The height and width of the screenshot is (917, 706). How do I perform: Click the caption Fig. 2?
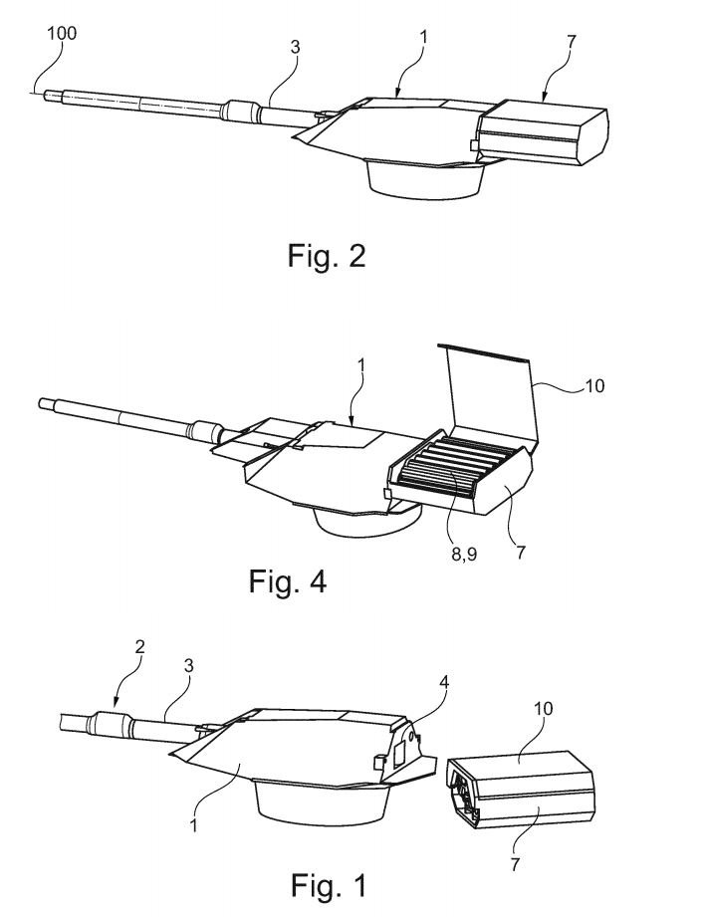coord(327,256)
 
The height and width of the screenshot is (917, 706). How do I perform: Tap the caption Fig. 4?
coord(287,581)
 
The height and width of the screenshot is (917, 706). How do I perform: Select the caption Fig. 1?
coord(329,885)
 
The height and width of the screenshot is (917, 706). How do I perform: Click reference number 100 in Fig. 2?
coord(62,33)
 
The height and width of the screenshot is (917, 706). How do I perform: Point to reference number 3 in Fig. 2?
coord(296,47)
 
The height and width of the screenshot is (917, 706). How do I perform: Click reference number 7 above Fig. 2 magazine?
coord(572,42)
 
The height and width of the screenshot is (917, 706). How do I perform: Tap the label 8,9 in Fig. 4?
coord(464,554)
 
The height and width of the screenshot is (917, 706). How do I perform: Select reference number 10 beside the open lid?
coord(594,386)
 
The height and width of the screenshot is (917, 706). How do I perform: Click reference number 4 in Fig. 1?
coord(444,682)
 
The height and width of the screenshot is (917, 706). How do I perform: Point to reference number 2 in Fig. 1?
coord(139,647)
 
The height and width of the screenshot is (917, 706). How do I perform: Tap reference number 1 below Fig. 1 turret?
coord(193,825)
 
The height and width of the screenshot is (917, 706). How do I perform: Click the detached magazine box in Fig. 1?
coord(521,790)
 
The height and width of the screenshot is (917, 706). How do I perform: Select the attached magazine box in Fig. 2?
coord(541,132)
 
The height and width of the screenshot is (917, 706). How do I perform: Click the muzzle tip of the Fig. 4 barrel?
coord(41,403)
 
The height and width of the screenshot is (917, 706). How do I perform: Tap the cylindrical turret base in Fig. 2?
coord(426,180)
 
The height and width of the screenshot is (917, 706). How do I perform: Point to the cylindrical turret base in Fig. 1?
coord(323,801)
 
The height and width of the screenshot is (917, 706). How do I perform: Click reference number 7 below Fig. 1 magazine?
coord(515,864)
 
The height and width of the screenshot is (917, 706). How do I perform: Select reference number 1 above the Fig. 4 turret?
coord(360,365)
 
